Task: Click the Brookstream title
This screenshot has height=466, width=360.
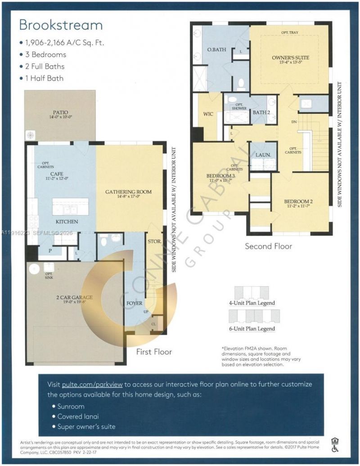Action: [x=61, y=24]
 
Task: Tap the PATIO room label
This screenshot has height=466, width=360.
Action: [x=60, y=112]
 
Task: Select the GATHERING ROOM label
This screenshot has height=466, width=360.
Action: [x=128, y=192]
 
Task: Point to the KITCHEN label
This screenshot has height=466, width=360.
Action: [x=67, y=222]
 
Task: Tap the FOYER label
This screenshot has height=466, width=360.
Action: [x=135, y=303]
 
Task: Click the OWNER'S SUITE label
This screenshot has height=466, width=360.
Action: [x=284, y=58]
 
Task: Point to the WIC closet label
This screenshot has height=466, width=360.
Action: [x=208, y=114]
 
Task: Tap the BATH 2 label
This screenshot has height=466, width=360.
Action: [x=261, y=112]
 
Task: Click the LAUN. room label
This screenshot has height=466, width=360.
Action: [x=263, y=154]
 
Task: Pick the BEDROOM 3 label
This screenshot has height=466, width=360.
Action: [x=219, y=175]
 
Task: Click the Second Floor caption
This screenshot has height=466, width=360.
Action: [x=268, y=246]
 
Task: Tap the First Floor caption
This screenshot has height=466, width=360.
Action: [x=154, y=352]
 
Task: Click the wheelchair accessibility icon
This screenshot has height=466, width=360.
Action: [x=335, y=448]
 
